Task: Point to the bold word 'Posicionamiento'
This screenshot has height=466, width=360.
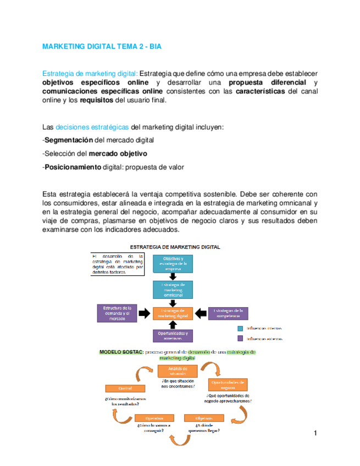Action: (73, 167)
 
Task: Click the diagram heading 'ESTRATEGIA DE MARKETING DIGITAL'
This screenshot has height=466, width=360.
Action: (174, 247)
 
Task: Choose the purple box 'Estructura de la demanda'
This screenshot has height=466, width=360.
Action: (115, 313)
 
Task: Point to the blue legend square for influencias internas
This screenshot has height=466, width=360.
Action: (241, 328)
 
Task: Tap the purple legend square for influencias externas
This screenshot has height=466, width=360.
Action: (241, 339)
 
